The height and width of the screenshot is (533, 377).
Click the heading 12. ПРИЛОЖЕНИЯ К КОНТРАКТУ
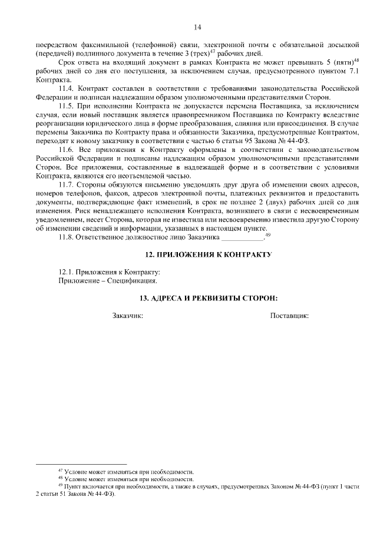point(209,255)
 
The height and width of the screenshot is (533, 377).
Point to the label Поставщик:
point(289,316)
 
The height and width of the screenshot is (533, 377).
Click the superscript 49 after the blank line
point(267,235)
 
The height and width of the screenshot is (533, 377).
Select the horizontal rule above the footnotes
point(81,465)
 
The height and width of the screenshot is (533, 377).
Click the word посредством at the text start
point(54,44)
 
